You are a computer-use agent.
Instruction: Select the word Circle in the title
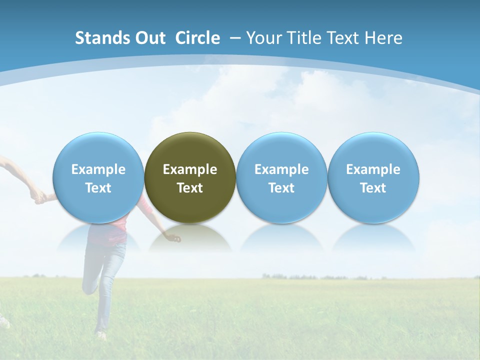pos(197,38)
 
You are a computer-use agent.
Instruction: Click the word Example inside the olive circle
pos(190,169)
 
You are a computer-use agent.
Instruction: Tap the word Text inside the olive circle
pos(190,188)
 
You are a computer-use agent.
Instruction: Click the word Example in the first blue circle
pos(98,169)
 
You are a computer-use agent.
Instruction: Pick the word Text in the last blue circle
pos(373,188)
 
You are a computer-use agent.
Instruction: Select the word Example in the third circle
pos(281,169)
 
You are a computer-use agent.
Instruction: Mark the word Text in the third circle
pos(281,188)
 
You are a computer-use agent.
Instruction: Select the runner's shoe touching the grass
pos(101,334)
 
